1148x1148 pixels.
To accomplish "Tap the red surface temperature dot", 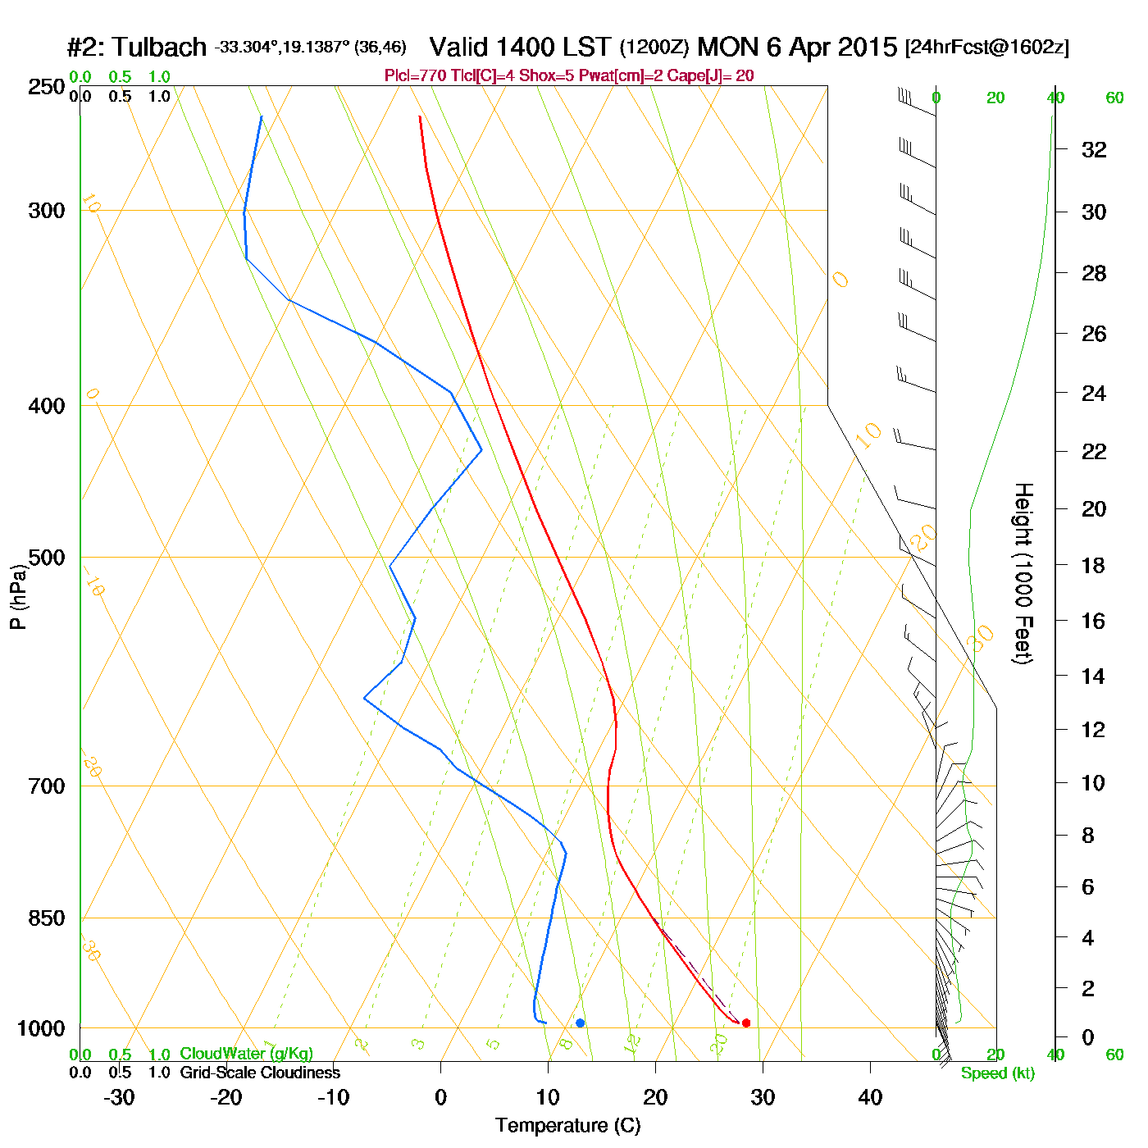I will point(746,1023).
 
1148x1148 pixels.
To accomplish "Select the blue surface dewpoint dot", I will point(580,1023).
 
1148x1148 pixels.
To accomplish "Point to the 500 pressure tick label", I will point(47,558).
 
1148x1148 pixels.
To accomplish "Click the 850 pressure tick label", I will point(47,918).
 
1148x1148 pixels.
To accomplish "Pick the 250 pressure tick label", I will point(47,87).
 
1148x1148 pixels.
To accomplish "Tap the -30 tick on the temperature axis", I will point(119,1097).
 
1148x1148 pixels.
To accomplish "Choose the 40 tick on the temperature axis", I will point(870,1097).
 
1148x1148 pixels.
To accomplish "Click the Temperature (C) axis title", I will point(567,1126).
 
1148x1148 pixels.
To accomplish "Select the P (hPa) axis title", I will point(18,596).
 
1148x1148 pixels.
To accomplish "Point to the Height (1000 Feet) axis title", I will point(1023,573).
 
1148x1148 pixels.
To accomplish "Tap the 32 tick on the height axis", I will point(1094,150).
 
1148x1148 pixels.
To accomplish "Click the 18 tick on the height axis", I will point(1094,565).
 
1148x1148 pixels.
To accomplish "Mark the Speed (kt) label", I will point(997,1073).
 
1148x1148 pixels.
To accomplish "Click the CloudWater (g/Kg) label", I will point(246,1054).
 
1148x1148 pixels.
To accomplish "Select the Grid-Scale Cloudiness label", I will point(260,1073).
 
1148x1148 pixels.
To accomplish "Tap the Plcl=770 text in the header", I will point(416,76).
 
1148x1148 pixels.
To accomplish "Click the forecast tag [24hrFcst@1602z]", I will point(986,48).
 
